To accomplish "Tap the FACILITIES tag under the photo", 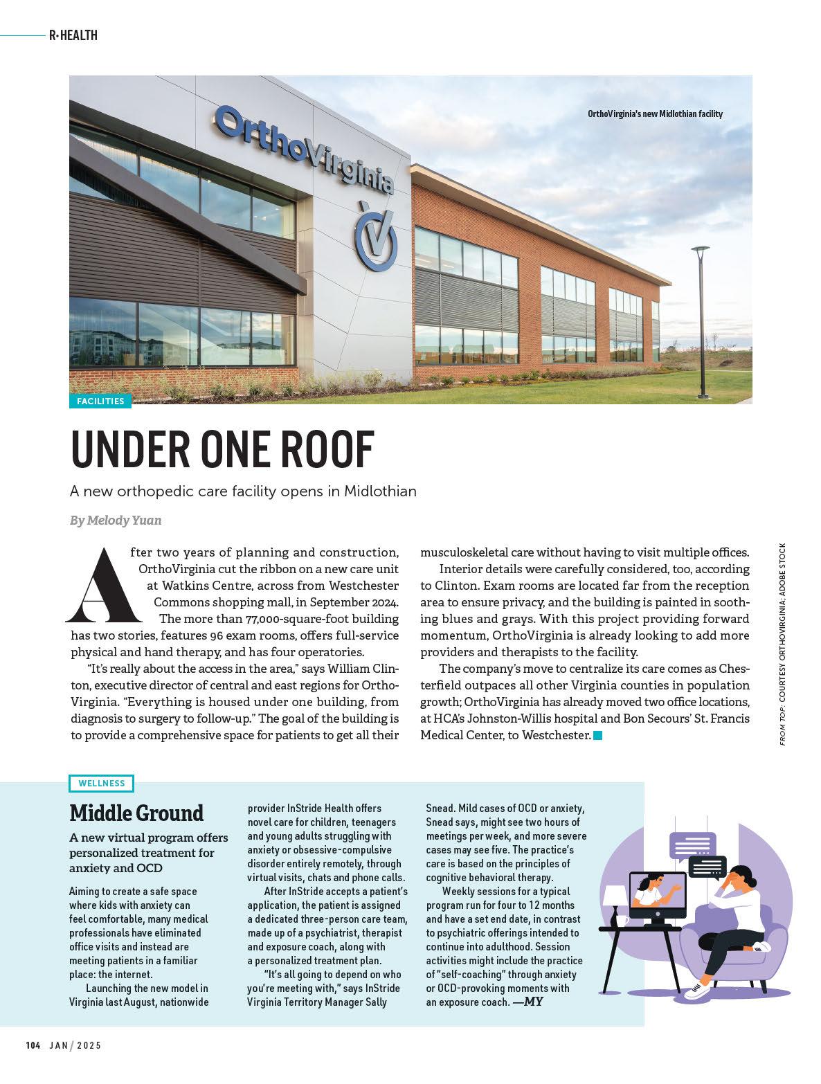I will pyautogui.click(x=100, y=401).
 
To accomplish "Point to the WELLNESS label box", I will pyautogui.click(x=102, y=783).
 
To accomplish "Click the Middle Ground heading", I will pyautogui.click(x=136, y=813).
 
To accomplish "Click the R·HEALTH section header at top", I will pyautogui.click(x=73, y=35).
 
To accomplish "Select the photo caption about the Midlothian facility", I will pyautogui.click(x=654, y=114).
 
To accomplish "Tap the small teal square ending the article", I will pyautogui.click(x=598, y=735).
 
